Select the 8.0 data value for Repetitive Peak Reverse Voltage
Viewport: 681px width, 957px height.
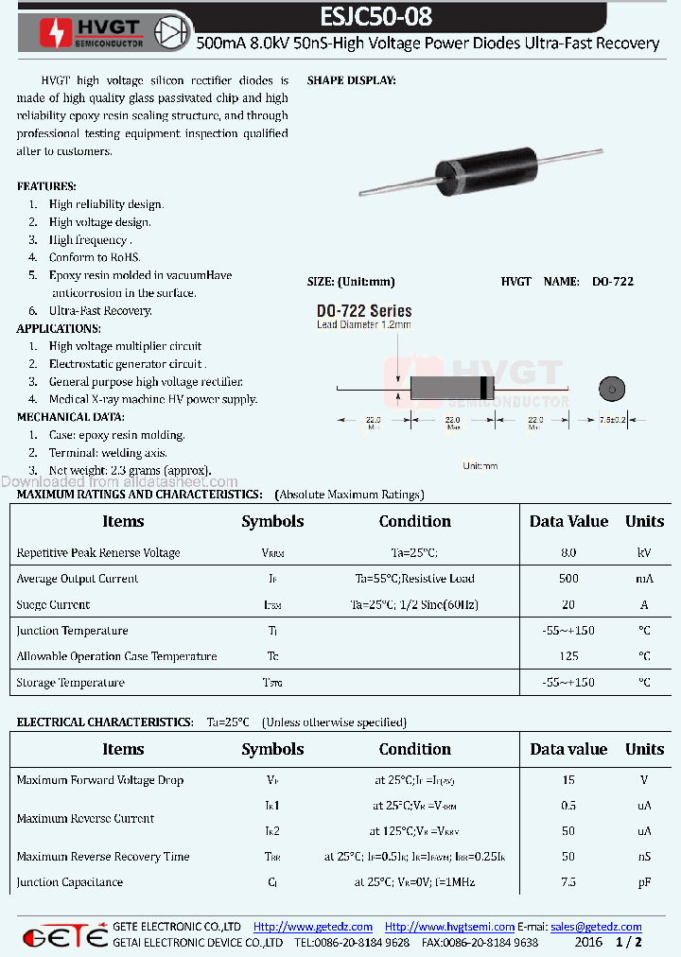click(567, 552)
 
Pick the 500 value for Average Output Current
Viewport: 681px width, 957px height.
click(567, 579)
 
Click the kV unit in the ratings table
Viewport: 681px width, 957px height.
click(644, 552)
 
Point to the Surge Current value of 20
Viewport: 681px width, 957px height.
click(567, 605)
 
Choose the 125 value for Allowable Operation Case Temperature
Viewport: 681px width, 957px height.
click(567, 656)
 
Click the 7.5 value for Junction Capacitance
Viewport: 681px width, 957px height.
click(567, 882)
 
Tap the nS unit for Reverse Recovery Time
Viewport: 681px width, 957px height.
click(644, 857)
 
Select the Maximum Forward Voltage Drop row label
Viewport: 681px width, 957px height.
click(100, 780)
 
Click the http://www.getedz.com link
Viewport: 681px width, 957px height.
click(313, 927)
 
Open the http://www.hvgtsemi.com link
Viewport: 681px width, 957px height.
click(449, 927)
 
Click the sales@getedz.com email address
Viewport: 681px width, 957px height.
click(596, 927)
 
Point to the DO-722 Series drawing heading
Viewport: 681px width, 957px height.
click(364, 311)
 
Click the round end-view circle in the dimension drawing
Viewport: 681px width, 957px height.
click(612, 388)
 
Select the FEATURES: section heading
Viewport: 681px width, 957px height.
click(46, 186)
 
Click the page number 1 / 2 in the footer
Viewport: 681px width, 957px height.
click(628, 943)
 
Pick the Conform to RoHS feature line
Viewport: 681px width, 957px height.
click(95, 257)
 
